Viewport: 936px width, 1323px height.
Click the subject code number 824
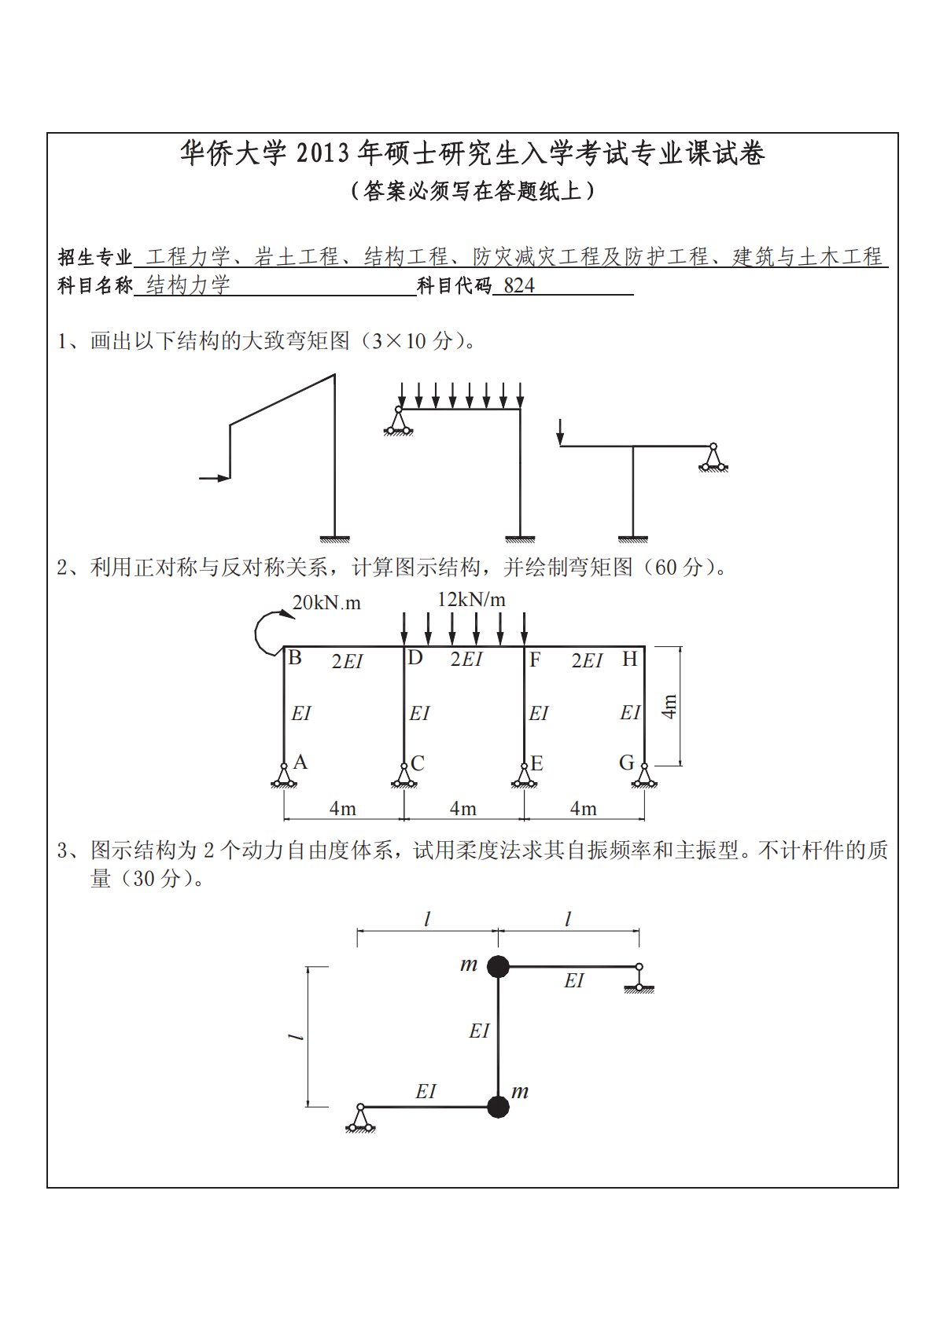519,286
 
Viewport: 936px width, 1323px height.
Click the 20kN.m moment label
326,603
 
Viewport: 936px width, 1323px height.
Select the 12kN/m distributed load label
471,600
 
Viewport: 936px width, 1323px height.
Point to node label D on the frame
415,659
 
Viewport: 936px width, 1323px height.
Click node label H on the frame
629,659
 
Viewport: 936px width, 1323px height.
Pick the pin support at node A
283,775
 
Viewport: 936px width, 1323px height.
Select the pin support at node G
644,775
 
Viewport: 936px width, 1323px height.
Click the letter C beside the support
418,763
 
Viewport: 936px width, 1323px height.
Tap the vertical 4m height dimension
669,706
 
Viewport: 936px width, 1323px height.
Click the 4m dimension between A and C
343,808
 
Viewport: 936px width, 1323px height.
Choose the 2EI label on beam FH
587,660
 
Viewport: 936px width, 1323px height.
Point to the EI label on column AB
301,713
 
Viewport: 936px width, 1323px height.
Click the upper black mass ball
497,966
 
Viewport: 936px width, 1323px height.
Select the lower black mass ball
497,1107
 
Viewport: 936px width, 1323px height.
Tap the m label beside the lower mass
520,1091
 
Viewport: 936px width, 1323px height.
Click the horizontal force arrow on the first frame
213,477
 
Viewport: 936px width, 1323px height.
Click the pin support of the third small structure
713,458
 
